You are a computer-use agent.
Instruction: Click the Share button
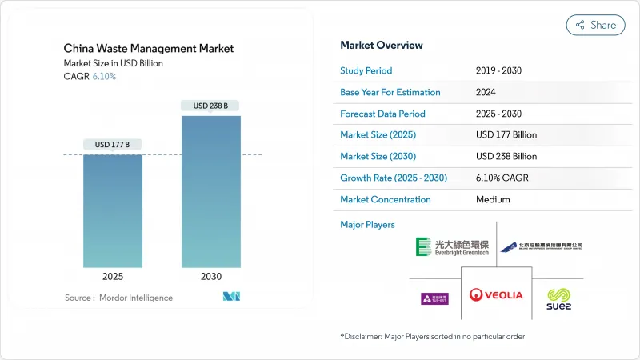point(596,25)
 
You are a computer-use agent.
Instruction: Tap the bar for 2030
point(210,191)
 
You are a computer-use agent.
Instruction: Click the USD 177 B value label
point(113,145)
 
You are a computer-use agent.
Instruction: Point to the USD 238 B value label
point(210,106)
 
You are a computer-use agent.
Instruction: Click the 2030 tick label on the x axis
point(210,276)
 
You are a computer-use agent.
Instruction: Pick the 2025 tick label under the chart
point(113,276)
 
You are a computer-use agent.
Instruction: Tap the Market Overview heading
point(382,45)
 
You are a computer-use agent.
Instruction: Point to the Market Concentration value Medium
point(494,199)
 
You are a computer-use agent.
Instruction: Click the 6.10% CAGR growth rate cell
point(506,178)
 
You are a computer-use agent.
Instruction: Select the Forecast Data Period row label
point(382,114)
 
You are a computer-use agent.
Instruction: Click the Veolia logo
point(496,294)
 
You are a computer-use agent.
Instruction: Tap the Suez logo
point(559,298)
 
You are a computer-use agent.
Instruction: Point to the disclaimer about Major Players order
point(432,336)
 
